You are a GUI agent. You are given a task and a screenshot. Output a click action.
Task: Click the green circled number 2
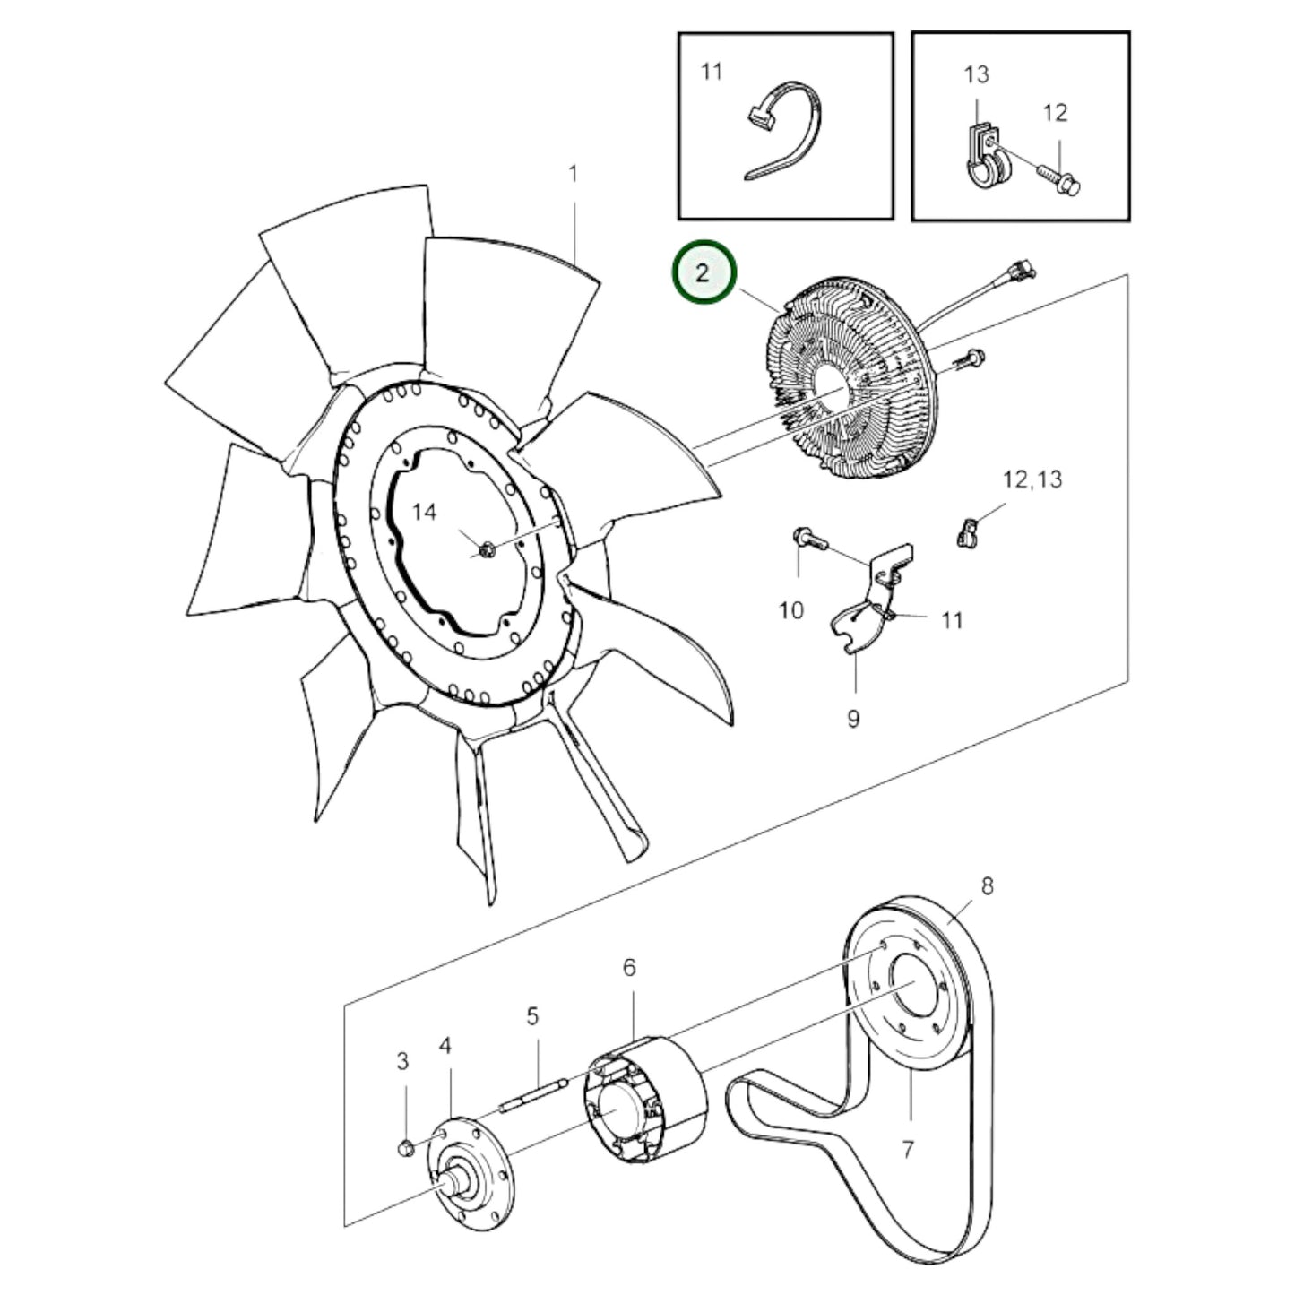704,272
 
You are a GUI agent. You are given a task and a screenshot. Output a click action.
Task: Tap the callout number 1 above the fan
574,173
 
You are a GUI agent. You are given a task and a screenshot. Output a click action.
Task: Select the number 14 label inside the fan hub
424,512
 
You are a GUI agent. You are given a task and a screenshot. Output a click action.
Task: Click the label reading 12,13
1032,479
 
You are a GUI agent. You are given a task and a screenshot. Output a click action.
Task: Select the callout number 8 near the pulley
987,886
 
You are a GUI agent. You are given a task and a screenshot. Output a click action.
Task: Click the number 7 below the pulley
907,1148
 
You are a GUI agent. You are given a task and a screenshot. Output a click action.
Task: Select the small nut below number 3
404,1148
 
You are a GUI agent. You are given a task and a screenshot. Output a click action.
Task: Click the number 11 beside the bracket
952,620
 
